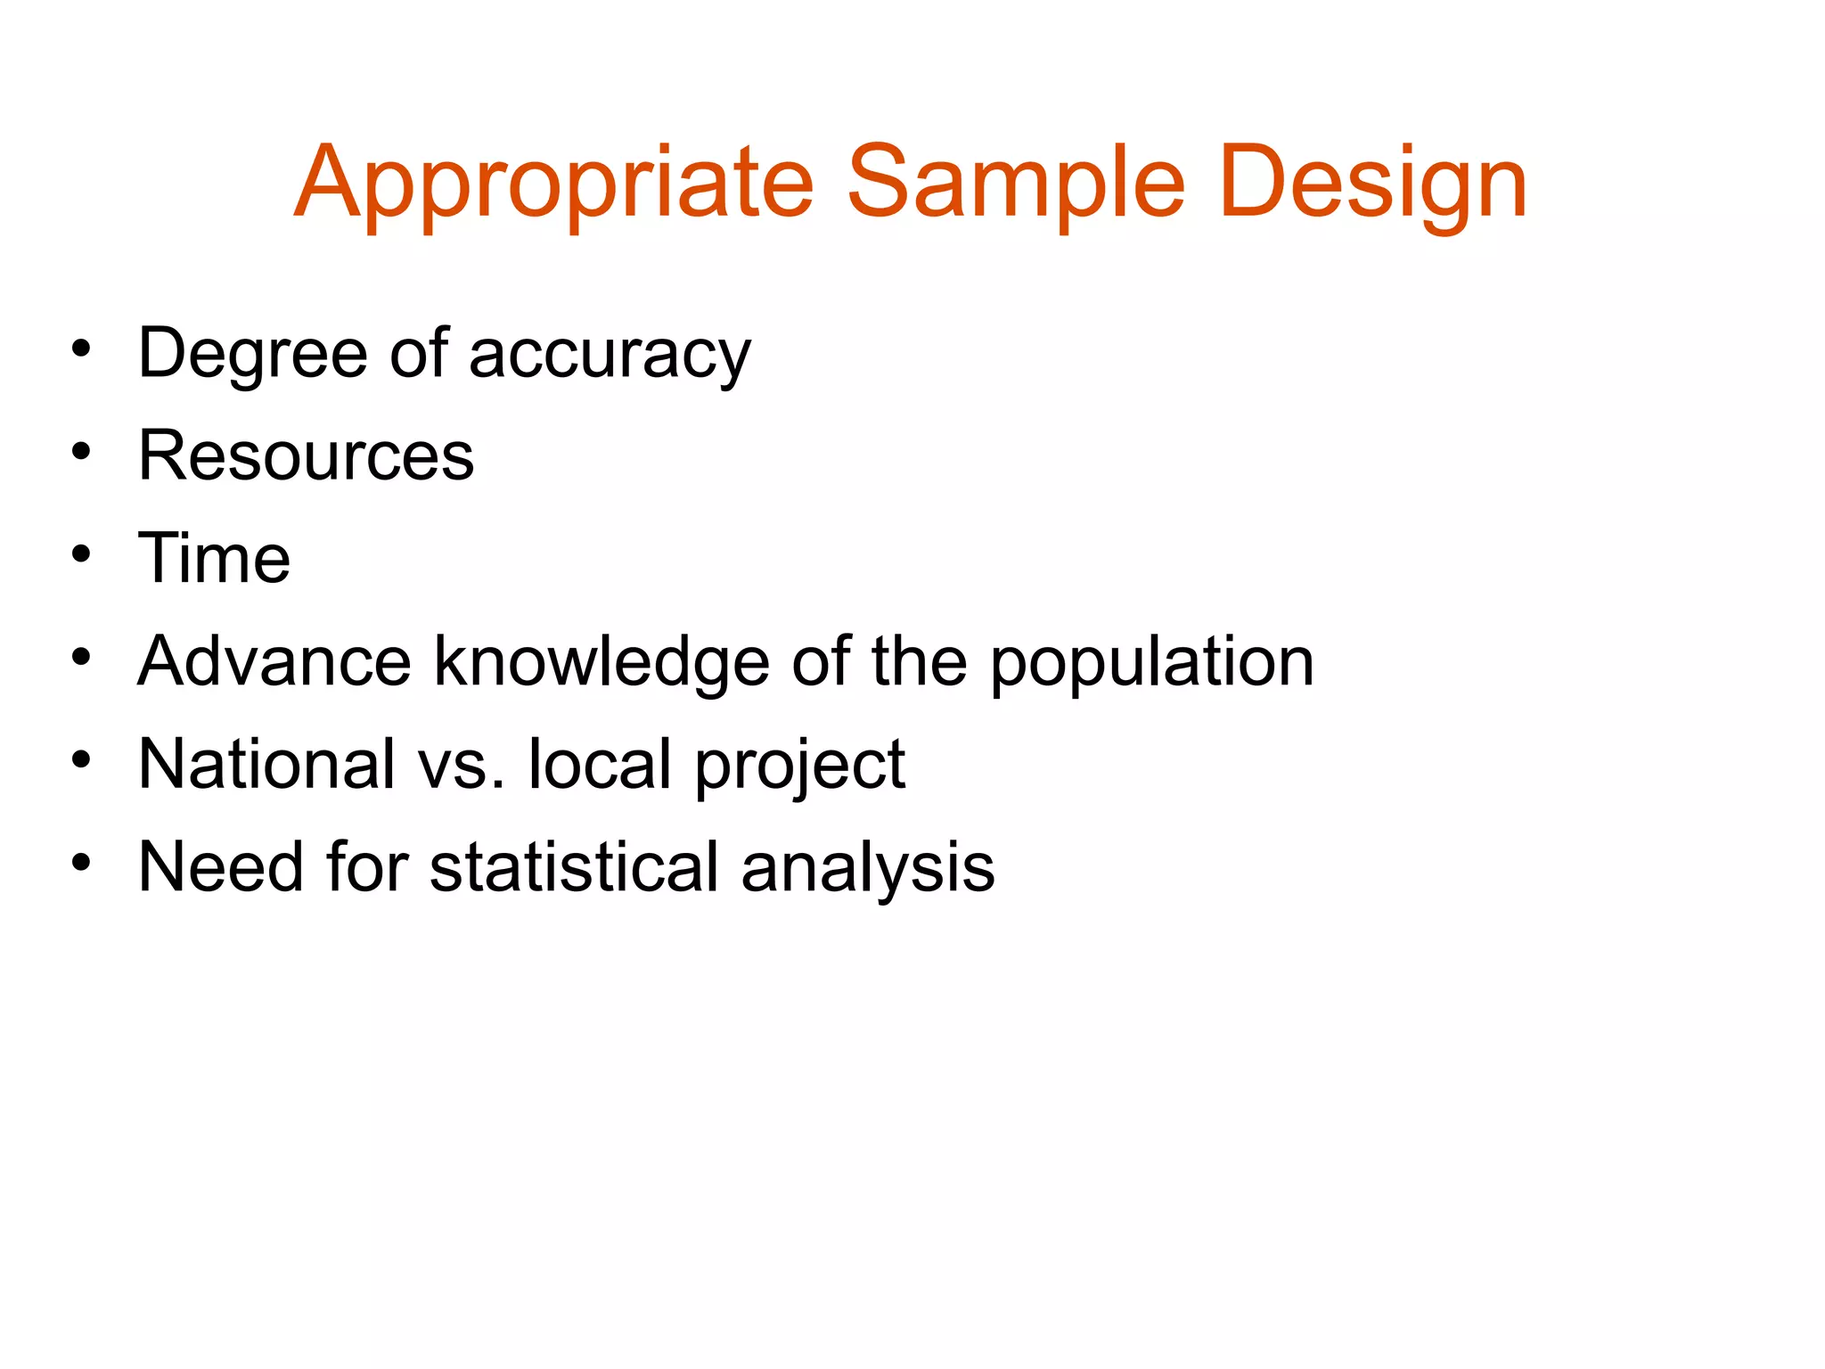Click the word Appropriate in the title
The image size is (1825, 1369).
click(x=553, y=184)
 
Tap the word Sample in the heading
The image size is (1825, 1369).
click(x=1016, y=184)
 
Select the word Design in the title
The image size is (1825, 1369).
click(x=1372, y=184)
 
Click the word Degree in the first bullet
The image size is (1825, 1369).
click(x=252, y=355)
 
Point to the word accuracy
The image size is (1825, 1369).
click(x=610, y=355)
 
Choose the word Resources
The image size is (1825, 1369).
click(x=306, y=456)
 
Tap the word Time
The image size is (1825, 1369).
click(x=214, y=559)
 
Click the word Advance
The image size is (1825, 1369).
click(x=274, y=661)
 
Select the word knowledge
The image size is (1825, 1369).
click(x=602, y=661)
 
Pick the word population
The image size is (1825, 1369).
click(x=1151, y=661)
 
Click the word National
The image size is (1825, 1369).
click(x=266, y=764)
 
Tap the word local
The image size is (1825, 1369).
click(x=599, y=764)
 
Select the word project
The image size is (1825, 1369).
click(x=799, y=764)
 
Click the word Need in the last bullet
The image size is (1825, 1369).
click(x=220, y=866)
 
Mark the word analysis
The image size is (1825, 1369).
click(x=867, y=866)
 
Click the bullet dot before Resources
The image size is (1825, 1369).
click(x=82, y=452)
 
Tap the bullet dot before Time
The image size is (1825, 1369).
click(x=82, y=554)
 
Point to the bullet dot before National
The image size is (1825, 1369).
click(x=82, y=759)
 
